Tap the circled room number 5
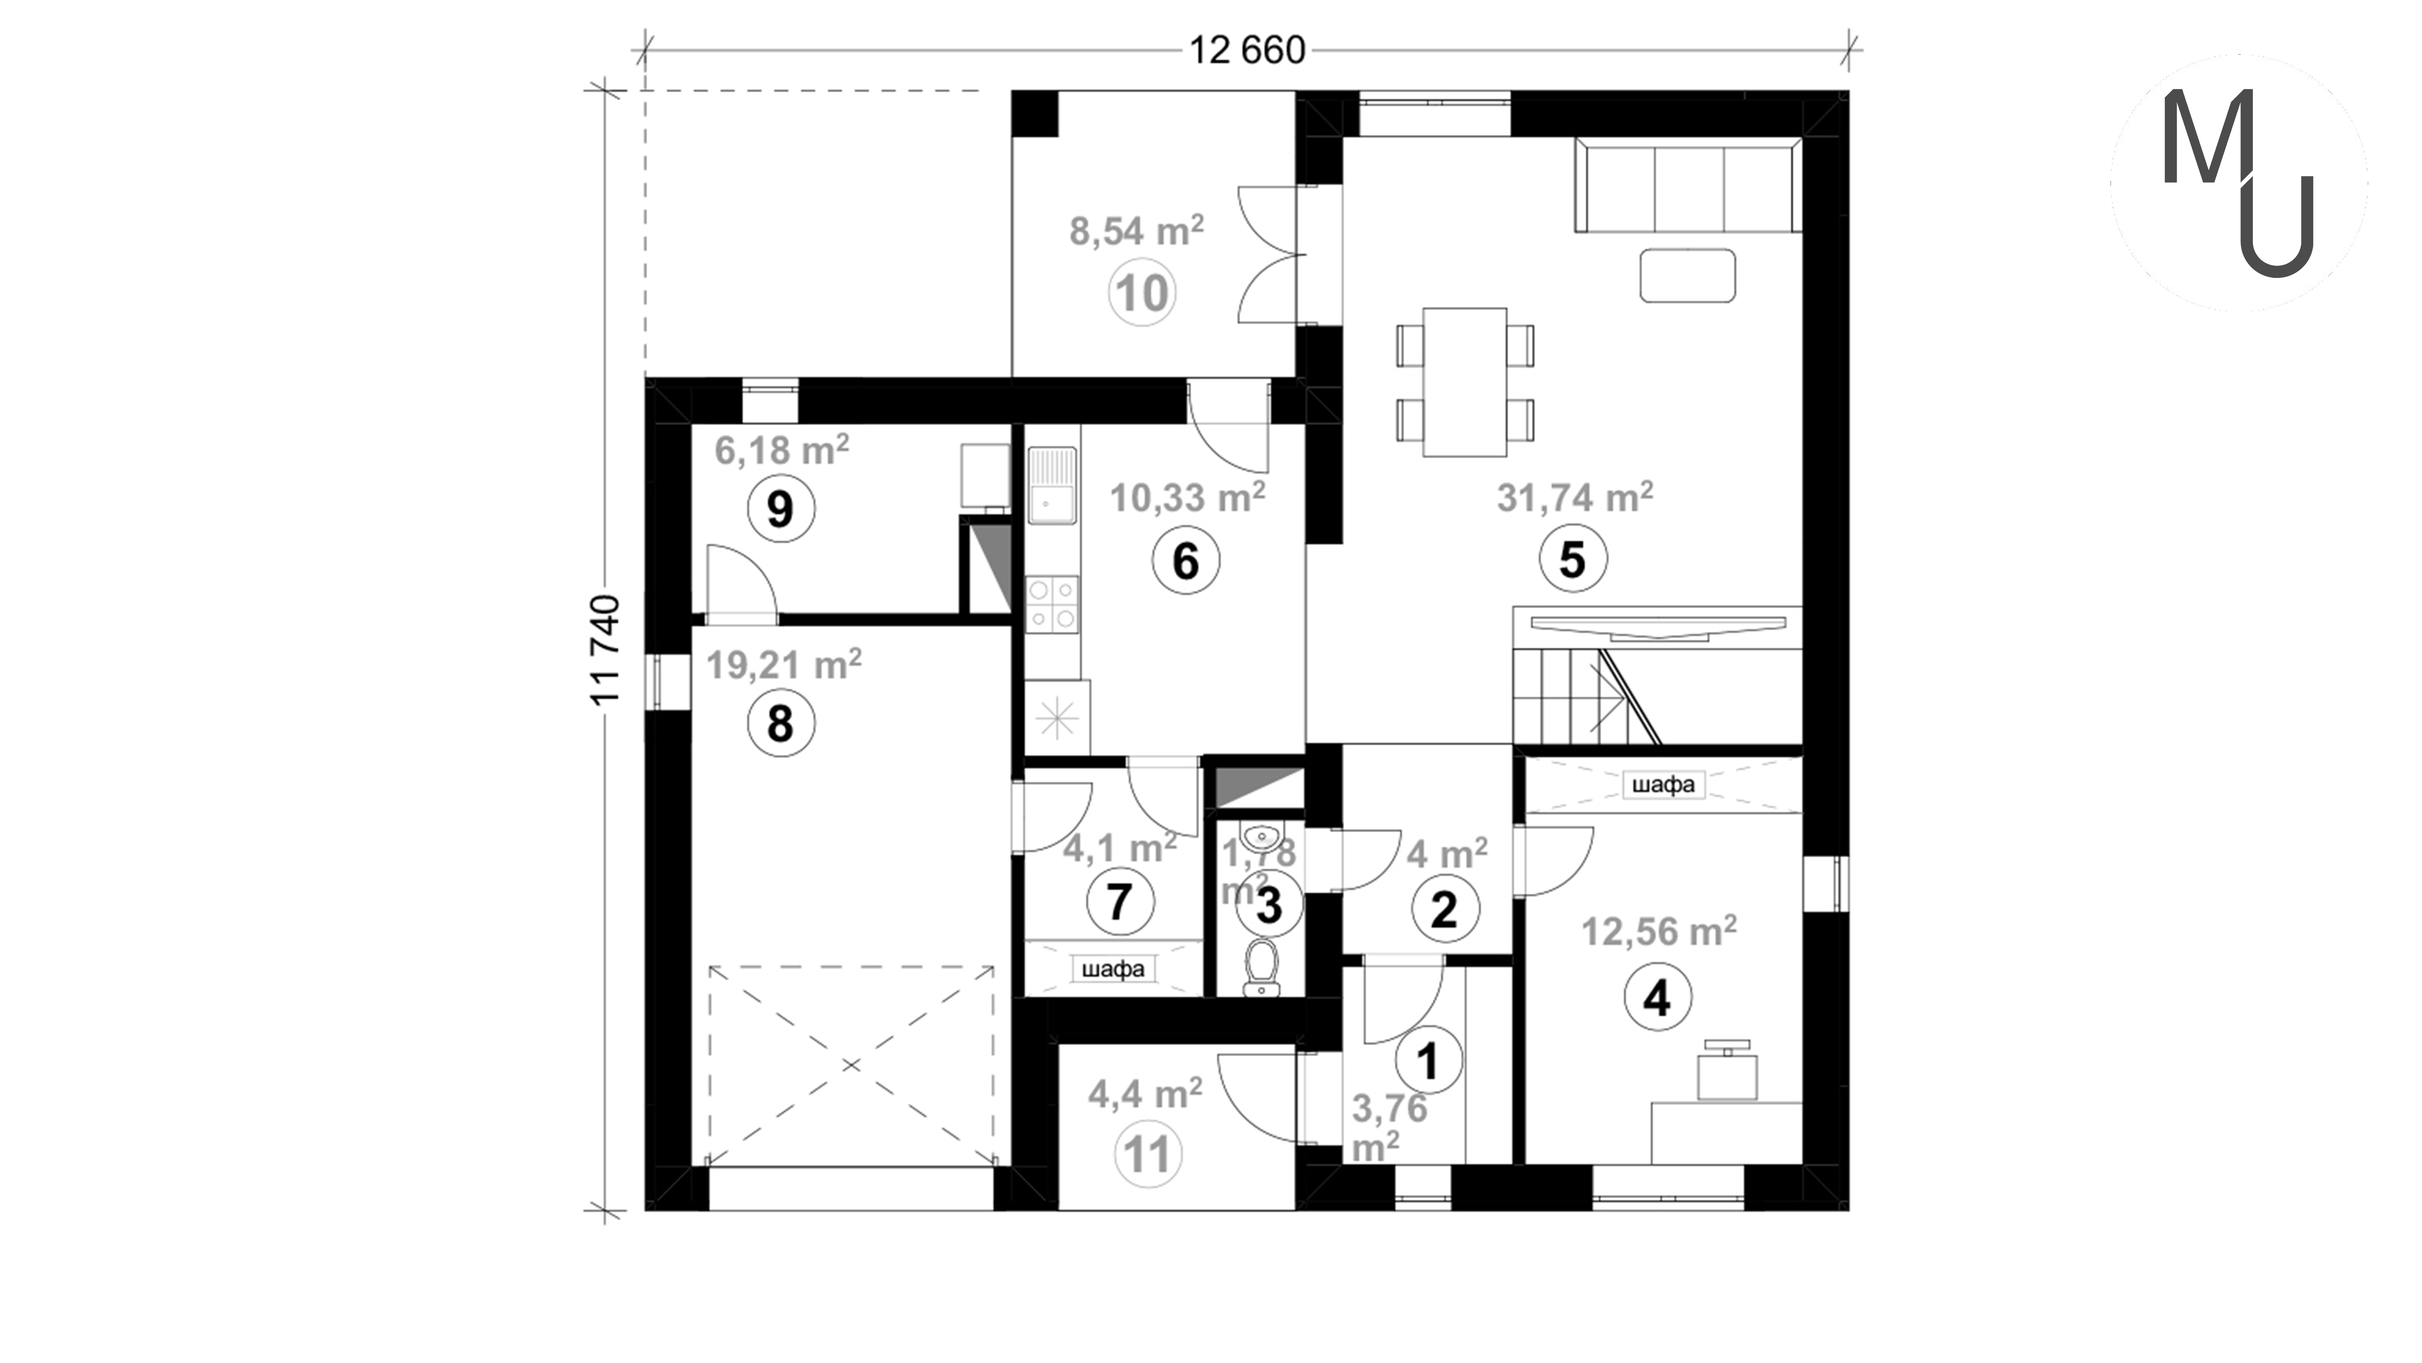1572,560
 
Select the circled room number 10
1142,292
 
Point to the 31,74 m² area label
1575,498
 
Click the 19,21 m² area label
783,665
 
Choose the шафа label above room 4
1663,783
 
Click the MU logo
2238,183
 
